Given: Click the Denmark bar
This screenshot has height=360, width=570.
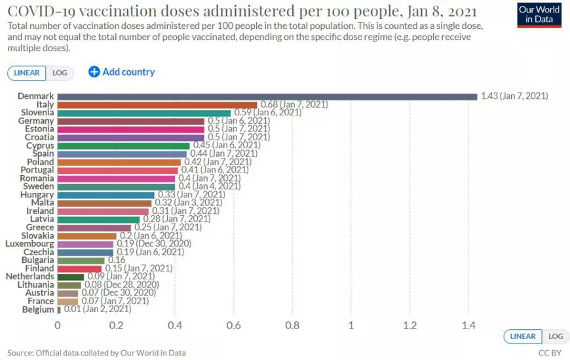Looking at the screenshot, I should click(x=267, y=96).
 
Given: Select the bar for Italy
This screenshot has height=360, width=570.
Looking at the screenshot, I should click(x=157, y=105).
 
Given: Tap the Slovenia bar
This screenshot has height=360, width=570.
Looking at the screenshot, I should click(x=144, y=113).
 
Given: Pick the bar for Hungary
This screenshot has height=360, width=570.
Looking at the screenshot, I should click(x=106, y=195).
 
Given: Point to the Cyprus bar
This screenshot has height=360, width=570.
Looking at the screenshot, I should click(x=124, y=146).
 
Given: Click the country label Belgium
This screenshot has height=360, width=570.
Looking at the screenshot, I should click(x=38, y=310).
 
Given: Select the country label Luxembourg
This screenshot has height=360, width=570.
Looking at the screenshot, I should click(x=29, y=244).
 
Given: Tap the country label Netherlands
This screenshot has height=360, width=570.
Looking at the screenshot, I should click(x=30, y=277).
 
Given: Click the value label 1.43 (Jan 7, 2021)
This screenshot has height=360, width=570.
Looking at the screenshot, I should click(x=514, y=96).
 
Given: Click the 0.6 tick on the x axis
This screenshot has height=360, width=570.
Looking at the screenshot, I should click(x=233, y=325).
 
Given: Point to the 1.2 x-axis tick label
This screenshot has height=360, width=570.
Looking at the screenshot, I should click(x=409, y=325).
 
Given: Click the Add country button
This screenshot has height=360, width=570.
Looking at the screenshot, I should click(x=122, y=72).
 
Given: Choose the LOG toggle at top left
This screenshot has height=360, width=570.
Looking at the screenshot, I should click(x=60, y=73).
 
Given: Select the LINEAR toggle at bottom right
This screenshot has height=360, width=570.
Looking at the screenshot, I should click(x=522, y=336).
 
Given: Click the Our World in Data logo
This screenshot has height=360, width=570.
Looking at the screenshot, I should click(x=539, y=14).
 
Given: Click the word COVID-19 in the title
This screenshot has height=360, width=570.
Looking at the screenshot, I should click(x=45, y=12).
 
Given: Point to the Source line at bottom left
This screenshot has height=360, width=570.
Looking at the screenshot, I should click(x=96, y=353).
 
